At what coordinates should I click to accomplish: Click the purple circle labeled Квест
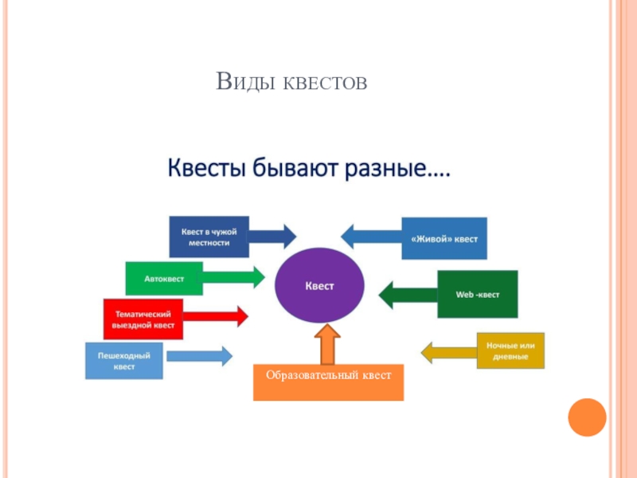[319, 284]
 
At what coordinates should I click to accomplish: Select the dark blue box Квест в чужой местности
[209, 237]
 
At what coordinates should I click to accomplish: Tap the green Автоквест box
[164, 278]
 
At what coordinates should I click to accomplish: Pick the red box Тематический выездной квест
[143, 319]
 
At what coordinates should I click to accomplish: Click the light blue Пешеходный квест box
[124, 360]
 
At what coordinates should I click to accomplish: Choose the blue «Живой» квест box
[444, 238]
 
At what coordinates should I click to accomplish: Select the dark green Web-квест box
[477, 294]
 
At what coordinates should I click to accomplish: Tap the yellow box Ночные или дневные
[510, 351]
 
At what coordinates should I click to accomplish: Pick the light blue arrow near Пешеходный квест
[199, 356]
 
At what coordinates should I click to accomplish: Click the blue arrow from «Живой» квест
[371, 236]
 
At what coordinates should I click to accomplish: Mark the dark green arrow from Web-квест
[408, 295]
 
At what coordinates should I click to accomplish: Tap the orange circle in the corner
[588, 417]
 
